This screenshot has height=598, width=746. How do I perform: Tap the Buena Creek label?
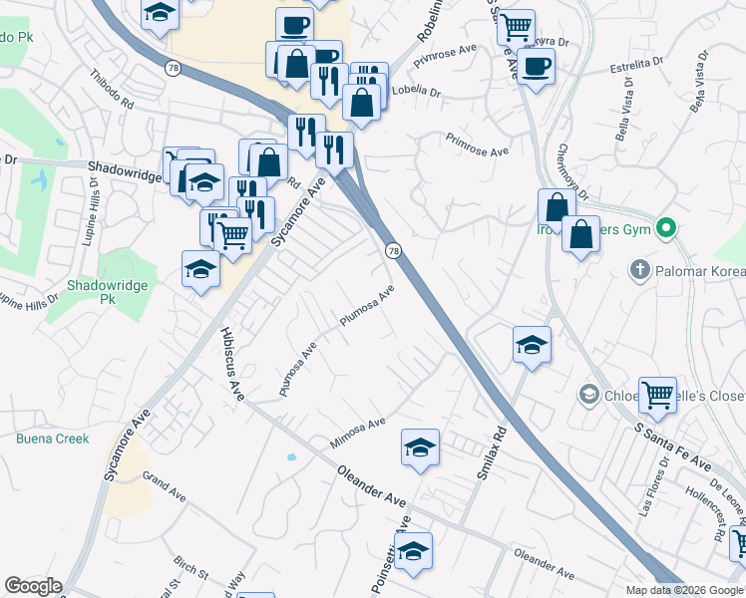click(52, 439)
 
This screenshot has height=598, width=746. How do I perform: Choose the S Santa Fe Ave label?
click(672, 447)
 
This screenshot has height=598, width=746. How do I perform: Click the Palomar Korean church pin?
click(639, 270)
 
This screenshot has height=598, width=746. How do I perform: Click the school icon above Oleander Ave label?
click(421, 448)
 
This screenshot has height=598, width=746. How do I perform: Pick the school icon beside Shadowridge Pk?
click(200, 269)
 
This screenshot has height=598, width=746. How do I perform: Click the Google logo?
click(33, 586)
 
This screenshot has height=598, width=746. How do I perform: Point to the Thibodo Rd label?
click(111, 88)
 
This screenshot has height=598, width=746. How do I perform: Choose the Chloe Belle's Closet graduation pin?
click(589, 396)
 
